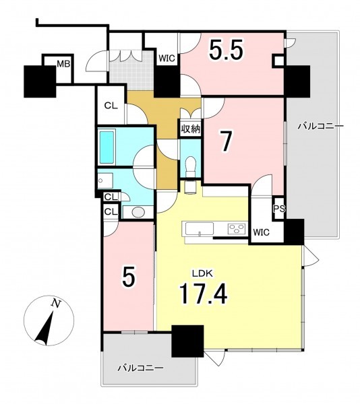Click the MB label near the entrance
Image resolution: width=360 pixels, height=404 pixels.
(63, 64)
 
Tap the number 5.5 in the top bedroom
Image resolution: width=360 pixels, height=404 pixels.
(226, 50)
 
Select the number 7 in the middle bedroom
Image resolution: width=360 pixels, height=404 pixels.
(226, 141)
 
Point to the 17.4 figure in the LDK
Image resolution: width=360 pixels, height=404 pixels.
(204, 294)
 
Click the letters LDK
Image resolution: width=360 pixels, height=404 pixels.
(202, 273)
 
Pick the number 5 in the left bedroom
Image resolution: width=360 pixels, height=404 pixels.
(129, 277)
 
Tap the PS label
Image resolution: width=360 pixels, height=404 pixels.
(279, 209)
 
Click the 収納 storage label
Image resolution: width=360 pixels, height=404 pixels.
(191, 129)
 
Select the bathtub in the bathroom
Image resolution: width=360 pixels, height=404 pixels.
(107, 147)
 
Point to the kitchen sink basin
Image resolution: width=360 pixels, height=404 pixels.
(200, 228)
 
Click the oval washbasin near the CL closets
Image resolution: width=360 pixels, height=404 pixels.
(139, 212)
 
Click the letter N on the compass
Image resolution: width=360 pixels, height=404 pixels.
(55, 303)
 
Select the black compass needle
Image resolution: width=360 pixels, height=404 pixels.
(44, 329)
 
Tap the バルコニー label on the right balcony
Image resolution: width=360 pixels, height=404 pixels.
(321, 127)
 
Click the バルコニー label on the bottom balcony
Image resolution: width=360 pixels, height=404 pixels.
(140, 368)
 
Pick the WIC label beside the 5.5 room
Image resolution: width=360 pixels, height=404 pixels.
(167, 58)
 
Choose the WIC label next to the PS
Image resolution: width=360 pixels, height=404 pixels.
(261, 232)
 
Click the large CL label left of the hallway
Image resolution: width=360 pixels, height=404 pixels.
(111, 106)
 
